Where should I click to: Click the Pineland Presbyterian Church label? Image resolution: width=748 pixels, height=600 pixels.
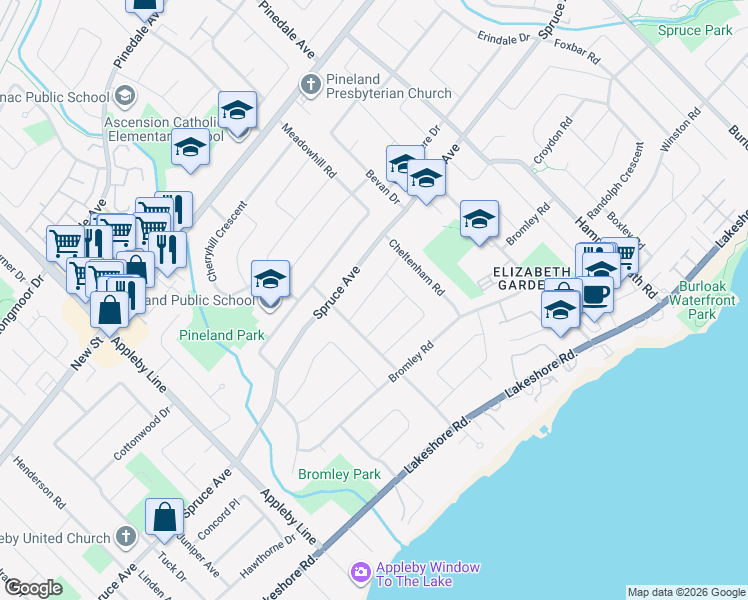(x=389, y=94)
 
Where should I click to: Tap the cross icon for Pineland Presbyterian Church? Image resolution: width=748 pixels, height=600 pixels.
(x=310, y=83)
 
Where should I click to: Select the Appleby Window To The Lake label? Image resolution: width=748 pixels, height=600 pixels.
(x=427, y=574)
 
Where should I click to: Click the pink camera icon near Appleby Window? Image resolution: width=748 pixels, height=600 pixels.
(x=359, y=573)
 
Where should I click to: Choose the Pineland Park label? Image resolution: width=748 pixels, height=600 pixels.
(x=222, y=335)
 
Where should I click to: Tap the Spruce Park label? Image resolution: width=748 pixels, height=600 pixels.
(x=695, y=31)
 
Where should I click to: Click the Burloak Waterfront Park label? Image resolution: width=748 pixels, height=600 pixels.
(x=711, y=300)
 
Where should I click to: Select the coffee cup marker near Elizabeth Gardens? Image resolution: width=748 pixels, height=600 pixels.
(x=597, y=295)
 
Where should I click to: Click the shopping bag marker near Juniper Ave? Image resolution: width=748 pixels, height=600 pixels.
(x=164, y=517)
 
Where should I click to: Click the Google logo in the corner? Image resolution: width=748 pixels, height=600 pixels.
(x=34, y=588)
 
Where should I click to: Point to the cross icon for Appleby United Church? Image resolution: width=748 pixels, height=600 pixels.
(x=124, y=536)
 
